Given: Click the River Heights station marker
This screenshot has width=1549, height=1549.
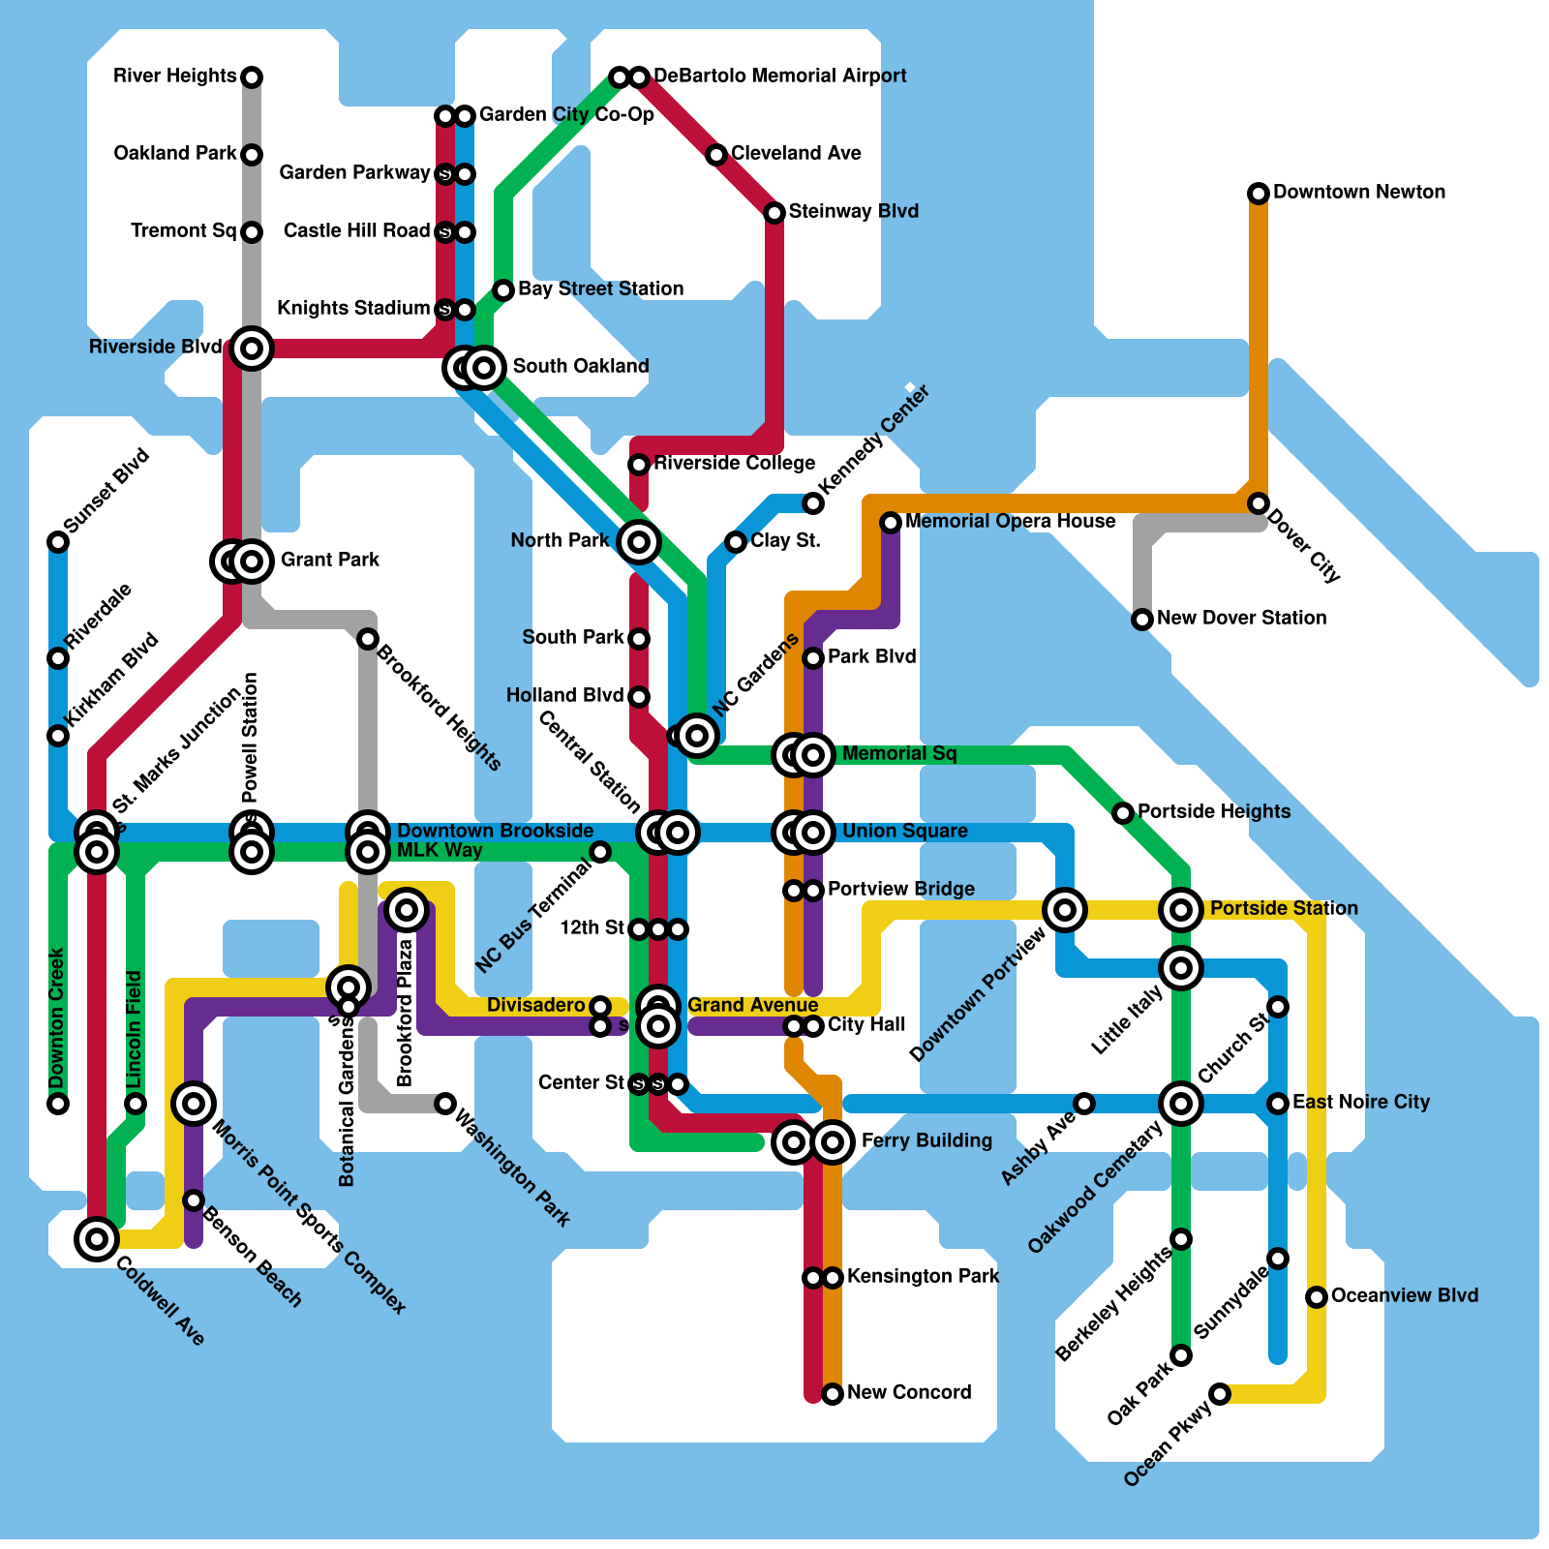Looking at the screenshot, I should point(252,76).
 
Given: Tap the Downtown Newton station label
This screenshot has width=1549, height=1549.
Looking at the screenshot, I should point(1358,192).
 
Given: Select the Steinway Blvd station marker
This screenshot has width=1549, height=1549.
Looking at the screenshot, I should point(774,213).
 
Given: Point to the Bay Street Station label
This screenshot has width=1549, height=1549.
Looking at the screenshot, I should point(600,289).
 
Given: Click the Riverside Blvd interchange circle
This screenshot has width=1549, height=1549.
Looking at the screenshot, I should point(252,348).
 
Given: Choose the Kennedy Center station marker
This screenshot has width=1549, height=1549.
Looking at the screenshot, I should point(813,503).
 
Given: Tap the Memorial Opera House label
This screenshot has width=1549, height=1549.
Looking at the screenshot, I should point(1010,521).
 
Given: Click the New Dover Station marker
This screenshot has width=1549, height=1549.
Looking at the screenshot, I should point(1142,620).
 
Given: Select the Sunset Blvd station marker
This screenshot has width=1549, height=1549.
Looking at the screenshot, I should point(58,542).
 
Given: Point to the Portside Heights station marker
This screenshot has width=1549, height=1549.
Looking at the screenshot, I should point(1123,813).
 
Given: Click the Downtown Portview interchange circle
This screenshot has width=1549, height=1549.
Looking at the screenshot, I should point(1065,909).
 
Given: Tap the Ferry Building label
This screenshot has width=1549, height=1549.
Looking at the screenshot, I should point(926,1140).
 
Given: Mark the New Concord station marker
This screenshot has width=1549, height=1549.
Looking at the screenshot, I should point(833,1394).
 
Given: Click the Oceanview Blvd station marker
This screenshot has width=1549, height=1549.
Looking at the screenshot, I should point(1317,1297).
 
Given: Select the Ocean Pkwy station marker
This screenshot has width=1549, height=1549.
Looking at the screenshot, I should point(1220,1394).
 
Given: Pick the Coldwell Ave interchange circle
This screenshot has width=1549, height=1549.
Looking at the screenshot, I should point(97,1238).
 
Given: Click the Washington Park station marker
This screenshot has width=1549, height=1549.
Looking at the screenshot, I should point(445,1104).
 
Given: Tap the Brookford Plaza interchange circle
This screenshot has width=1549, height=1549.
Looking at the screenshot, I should point(407,910).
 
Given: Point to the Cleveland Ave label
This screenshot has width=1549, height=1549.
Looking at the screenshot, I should point(796,153).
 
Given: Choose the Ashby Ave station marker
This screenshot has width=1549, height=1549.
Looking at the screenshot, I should point(1084,1104).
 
